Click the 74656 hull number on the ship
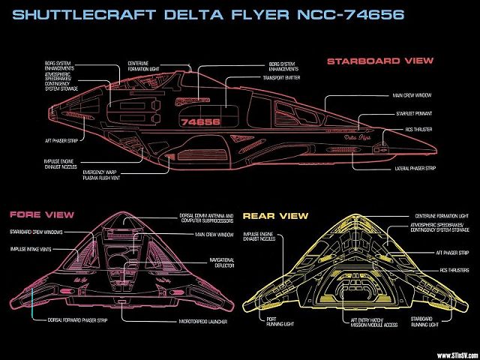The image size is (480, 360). click(200, 120)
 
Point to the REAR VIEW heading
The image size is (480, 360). click(275, 216)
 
